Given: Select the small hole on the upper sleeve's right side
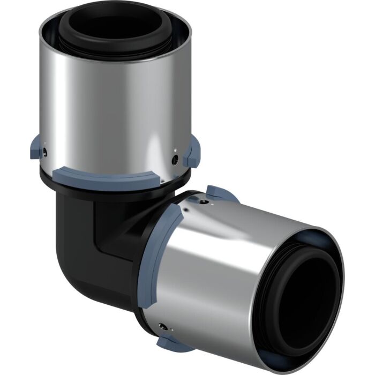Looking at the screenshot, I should (x=175, y=159).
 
